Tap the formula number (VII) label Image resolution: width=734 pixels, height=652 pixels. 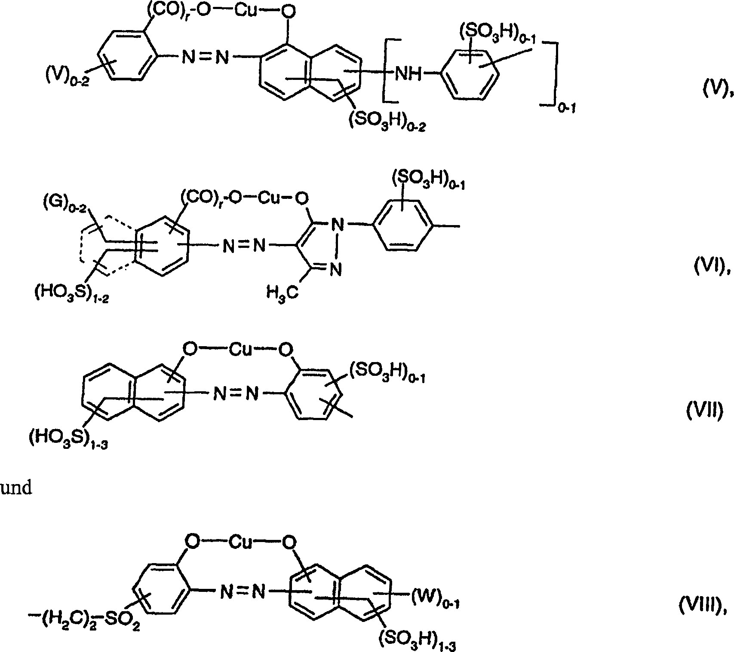[x=703, y=411]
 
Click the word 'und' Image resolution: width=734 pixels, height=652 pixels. [x=16, y=488]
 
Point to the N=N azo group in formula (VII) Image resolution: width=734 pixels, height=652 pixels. [x=236, y=393]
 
